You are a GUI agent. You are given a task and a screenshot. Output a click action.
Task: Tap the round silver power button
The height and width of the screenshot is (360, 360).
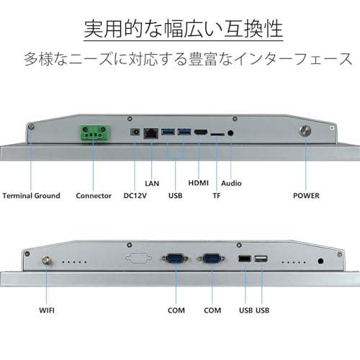305,131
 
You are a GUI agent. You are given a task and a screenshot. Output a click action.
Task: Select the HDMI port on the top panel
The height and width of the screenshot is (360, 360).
201,132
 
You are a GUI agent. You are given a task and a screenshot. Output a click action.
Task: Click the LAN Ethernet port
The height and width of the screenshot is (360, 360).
151,133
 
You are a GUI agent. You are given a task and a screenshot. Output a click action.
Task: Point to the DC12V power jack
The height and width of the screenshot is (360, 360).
135,132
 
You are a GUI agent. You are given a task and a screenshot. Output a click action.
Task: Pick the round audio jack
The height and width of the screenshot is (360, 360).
230,132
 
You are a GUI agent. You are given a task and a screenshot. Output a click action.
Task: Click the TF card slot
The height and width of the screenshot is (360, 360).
217,135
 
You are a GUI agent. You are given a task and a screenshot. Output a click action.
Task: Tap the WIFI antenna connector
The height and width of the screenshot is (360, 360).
47,261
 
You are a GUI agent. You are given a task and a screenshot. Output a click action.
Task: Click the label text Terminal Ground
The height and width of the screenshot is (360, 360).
31,196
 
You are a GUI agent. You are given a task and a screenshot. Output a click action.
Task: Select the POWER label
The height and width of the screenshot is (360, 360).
306,196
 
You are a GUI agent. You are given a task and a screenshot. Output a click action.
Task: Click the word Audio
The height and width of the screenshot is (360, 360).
231,184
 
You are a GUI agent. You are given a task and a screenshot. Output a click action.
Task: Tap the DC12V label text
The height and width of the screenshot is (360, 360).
135,196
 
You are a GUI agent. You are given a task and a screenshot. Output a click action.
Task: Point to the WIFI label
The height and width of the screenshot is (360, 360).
47,310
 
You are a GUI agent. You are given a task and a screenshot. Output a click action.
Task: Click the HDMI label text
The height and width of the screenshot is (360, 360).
198,183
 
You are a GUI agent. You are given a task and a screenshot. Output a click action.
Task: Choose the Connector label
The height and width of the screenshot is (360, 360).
94,196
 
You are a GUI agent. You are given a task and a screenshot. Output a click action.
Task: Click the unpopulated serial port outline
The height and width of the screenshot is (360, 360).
139,258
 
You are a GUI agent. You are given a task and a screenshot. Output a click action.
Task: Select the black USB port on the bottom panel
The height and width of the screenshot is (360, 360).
245,259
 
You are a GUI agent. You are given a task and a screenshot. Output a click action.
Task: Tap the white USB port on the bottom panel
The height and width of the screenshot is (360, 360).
261,259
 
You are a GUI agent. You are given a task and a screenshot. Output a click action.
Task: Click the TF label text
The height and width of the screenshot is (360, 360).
217,196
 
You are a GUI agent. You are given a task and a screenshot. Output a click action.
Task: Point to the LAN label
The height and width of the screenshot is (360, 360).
152,184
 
